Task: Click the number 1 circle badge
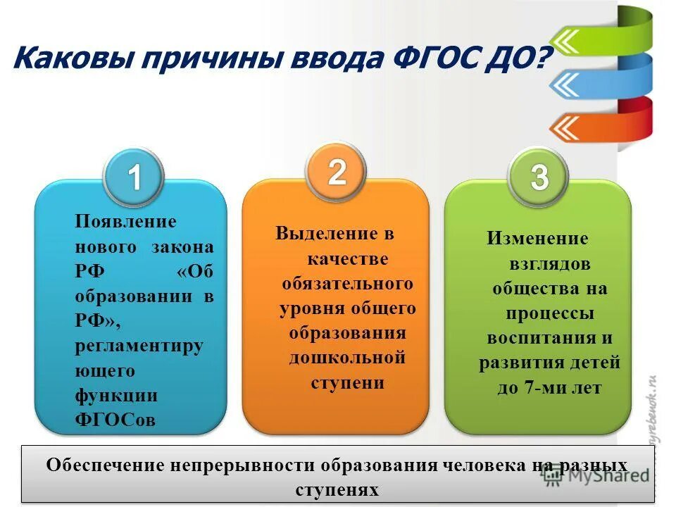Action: point(134,178)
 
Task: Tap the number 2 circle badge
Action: point(337,172)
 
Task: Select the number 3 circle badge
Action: point(539,177)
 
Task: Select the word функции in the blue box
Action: point(116,395)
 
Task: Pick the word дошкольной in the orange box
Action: point(348,358)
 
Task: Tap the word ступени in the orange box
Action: point(348,382)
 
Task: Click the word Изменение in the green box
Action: point(537,238)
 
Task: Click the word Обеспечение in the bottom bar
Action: point(104,465)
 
